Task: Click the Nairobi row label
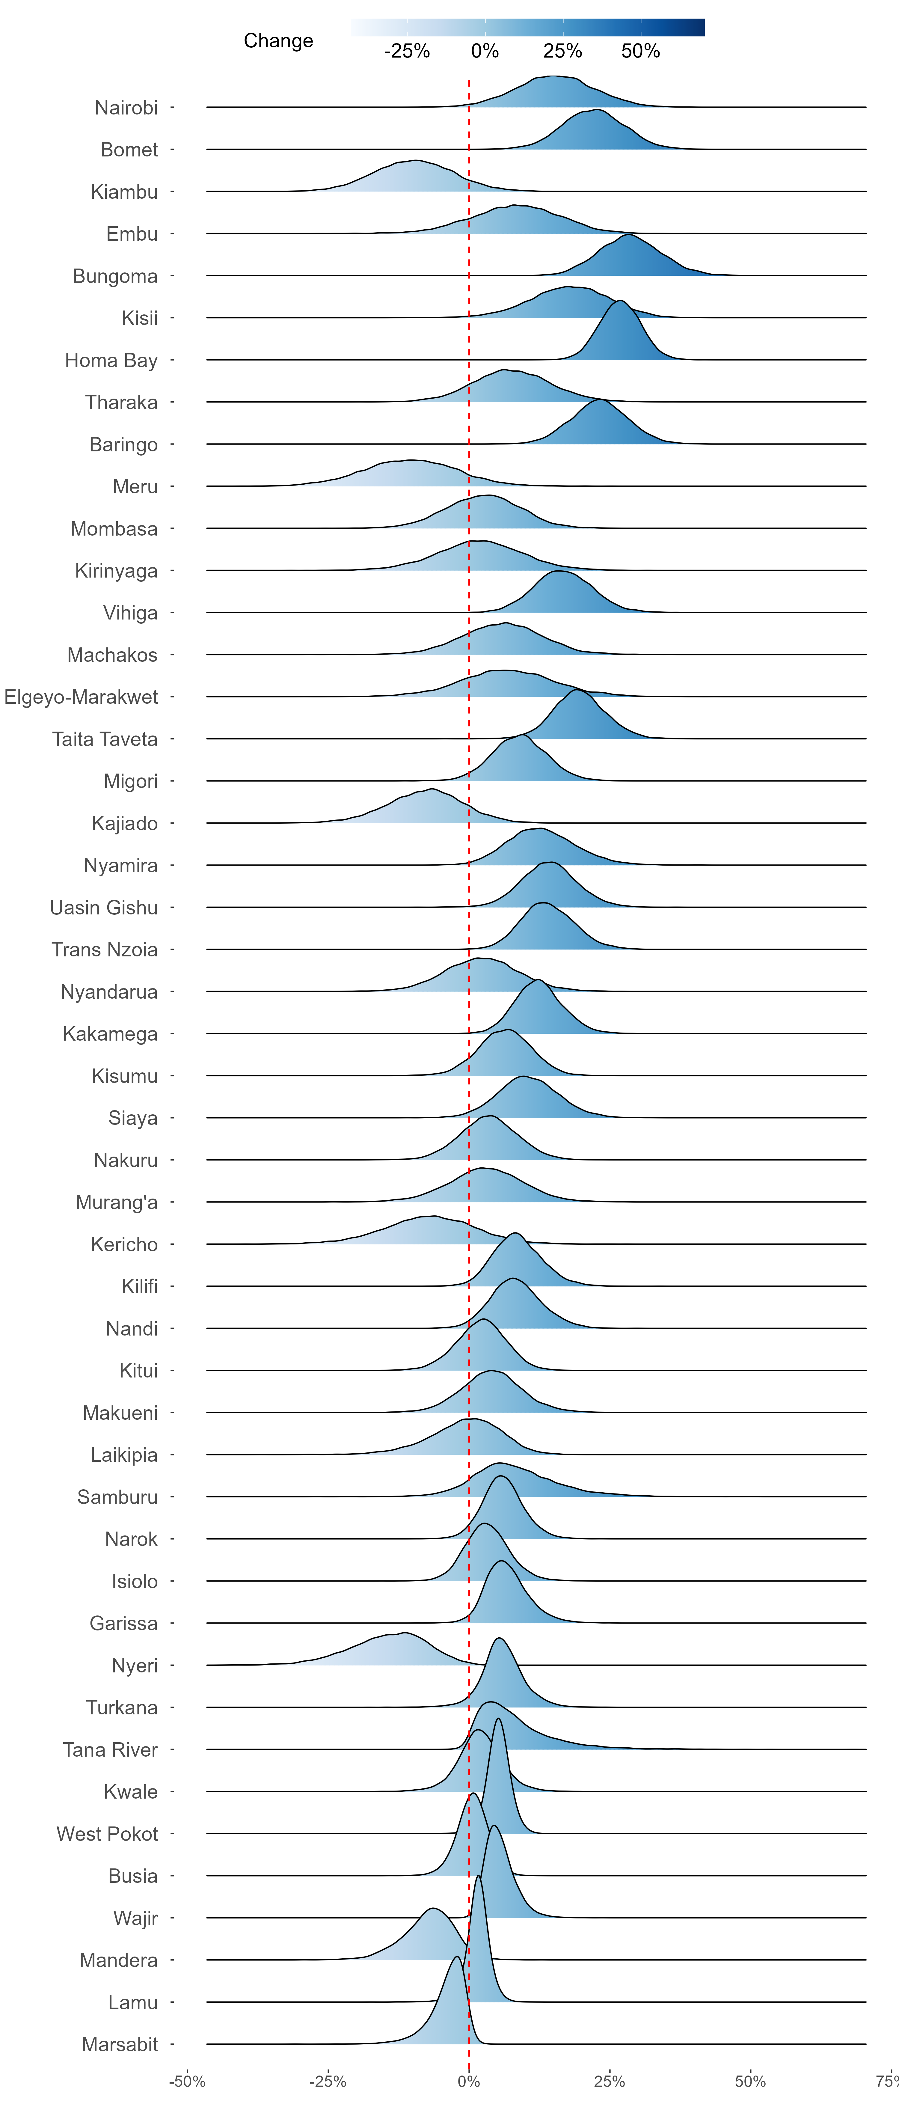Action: pyautogui.click(x=126, y=108)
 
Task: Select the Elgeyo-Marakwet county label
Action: pyautogui.click(x=81, y=697)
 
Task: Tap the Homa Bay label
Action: pyautogui.click(x=111, y=360)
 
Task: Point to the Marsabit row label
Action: pyautogui.click(x=120, y=2044)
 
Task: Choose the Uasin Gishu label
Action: pyautogui.click(x=104, y=907)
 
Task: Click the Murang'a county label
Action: pyautogui.click(x=117, y=1202)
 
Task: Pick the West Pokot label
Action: pyautogui.click(x=108, y=1834)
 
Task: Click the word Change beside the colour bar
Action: pyautogui.click(x=278, y=41)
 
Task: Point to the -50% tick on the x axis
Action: pyautogui.click(x=187, y=2081)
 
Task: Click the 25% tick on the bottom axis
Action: pyautogui.click(x=610, y=2081)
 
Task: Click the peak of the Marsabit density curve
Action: pyautogui.click(x=456, y=1957)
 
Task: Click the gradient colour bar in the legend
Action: pyautogui.click(x=527, y=27)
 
